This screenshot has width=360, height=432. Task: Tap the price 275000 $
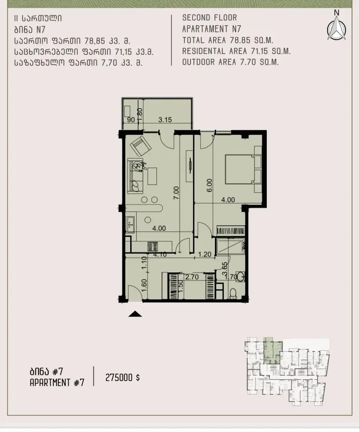122,377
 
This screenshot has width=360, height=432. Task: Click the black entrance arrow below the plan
135,314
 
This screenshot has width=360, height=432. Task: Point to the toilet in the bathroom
233,293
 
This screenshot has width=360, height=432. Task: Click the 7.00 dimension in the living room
176,193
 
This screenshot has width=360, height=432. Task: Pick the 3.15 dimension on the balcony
165,120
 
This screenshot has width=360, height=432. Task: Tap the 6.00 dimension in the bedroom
209,186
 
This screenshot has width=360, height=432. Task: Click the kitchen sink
130,224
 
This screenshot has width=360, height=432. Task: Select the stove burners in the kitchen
152,246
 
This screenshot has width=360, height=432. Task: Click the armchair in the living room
140,145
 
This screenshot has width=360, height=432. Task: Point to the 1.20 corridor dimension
205,254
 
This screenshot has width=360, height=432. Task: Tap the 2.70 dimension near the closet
192,277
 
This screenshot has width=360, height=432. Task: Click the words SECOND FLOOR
209,18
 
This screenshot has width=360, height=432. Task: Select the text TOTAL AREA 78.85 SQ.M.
228,40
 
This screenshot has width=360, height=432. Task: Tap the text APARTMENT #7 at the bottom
57,383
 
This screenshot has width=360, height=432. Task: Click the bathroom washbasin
240,277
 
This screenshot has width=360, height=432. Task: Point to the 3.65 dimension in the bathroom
225,269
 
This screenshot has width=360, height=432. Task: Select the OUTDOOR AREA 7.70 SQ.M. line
230,62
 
